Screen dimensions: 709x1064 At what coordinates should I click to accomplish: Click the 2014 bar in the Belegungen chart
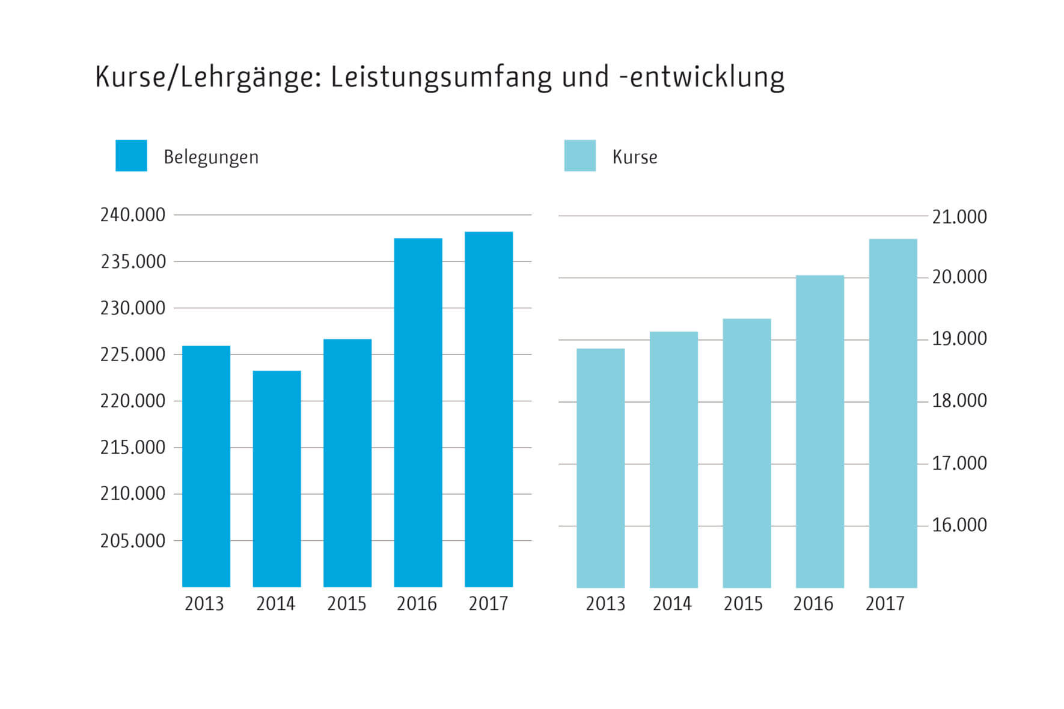277,478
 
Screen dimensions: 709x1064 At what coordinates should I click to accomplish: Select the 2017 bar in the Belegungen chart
488,409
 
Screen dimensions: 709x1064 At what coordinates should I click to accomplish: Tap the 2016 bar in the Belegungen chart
418,412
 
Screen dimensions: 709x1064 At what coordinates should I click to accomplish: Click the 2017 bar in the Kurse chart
893,413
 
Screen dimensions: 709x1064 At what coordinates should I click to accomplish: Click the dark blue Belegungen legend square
131,156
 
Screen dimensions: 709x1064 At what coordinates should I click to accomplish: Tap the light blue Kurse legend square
579,156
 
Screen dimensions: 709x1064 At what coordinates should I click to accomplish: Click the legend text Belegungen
211,157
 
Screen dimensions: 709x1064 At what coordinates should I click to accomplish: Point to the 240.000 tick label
132,215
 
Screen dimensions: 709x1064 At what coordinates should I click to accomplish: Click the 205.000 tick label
132,541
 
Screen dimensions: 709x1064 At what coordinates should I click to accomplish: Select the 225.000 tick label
132,354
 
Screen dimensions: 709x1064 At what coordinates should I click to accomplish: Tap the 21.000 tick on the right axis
959,217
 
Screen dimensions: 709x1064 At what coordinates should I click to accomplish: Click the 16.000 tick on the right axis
959,525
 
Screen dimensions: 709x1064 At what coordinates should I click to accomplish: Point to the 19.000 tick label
959,339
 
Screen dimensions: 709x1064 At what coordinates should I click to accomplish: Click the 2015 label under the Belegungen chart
346,603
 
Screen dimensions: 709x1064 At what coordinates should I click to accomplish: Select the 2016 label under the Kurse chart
813,603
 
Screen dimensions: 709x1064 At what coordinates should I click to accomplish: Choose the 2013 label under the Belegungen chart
204,603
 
